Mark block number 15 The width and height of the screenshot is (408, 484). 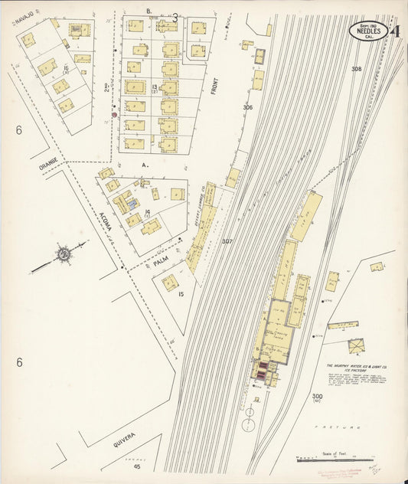click(x=181, y=293)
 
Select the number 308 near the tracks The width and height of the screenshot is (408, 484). click(x=355, y=69)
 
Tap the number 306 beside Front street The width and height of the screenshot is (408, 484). click(x=247, y=107)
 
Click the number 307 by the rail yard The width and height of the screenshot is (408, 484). click(x=227, y=241)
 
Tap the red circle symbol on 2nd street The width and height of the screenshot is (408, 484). click(x=114, y=115)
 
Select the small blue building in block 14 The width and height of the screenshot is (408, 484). click(x=131, y=204)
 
